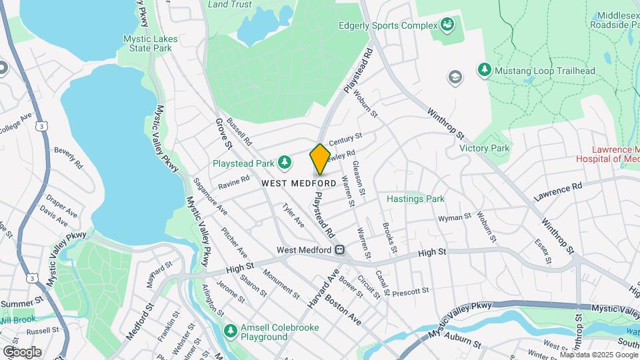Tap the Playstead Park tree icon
click(x=285, y=162)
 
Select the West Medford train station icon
click(x=339, y=250)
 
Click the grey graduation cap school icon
click(x=455, y=77)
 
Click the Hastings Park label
click(x=415, y=199)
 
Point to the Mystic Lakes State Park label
click(x=150, y=43)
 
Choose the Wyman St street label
click(x=454, y=217)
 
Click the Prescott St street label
click(x=410, y=291)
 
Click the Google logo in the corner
click(x=22, y=351)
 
